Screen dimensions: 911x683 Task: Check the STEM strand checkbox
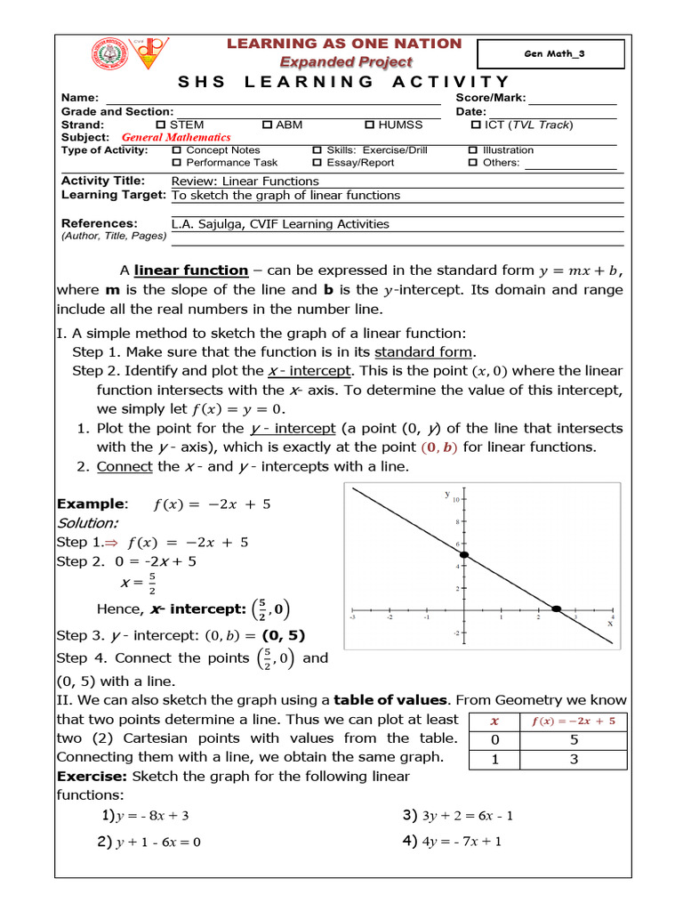[161, 125]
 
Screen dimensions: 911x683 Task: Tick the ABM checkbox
[267, 125]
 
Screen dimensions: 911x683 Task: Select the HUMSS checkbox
[370, 125]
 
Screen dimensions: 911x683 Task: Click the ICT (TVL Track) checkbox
[475, 125]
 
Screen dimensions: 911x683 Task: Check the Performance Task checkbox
[176, 163]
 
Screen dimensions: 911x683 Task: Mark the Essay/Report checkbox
[317, 163]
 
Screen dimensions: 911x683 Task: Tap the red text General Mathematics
[176, 138]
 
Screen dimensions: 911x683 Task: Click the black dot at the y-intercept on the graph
[462, 555]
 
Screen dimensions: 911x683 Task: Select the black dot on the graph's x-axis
[557, 609]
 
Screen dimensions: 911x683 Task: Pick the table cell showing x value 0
[494, 740]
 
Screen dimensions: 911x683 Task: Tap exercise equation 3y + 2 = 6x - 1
[462, 816]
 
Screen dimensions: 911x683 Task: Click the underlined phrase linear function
[190, 270]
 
